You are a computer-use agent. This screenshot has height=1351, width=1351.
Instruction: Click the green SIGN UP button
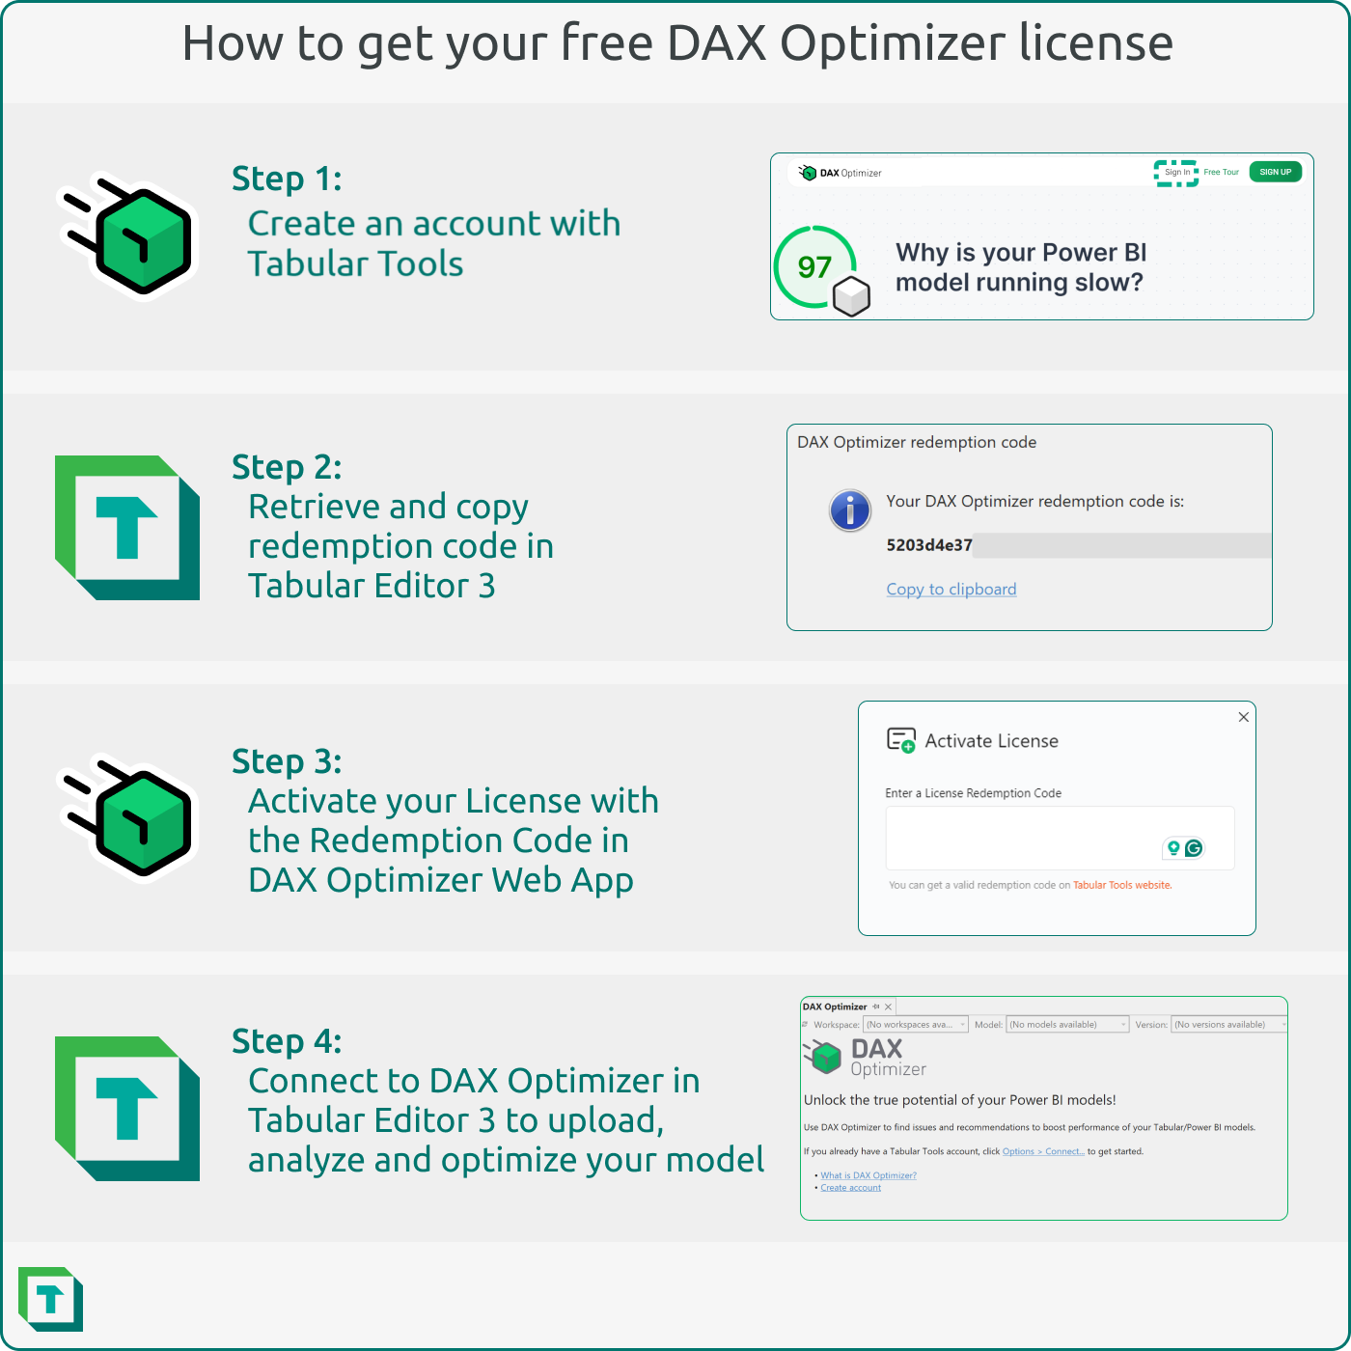(x=1275, y=172)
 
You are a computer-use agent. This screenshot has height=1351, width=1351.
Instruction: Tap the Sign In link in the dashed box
(x=1176, y=173)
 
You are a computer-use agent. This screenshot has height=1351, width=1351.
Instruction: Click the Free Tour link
(x=1221, y=173)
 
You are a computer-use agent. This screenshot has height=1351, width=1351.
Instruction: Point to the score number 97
(x=814, y=267)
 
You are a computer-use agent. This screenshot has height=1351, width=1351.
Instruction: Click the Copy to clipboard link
(x=951, y=590)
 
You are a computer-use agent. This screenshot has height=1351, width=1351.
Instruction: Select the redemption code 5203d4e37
(x=928, y=545)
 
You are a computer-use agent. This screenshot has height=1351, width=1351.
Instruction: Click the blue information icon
(x=849, y=510)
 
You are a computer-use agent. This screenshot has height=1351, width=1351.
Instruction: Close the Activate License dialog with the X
(x=1243, y=717)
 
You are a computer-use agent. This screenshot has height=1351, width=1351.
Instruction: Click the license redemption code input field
(x=1023, y=838)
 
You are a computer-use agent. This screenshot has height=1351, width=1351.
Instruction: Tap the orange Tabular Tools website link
(x=1121, y=885)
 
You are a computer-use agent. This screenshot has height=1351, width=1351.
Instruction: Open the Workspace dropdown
(x=915, y=1025)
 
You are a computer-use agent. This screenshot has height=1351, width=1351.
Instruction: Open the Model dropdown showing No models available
(x=1066, y=1025)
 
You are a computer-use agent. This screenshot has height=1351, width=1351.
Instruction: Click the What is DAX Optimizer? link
(x=868, y=1175)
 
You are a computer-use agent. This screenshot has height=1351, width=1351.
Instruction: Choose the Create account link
(x=850, y=1188)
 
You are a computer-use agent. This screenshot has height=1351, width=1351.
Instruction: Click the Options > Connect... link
(x=1042, y=1151)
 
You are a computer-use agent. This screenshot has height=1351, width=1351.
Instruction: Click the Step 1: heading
(x=287, y=179)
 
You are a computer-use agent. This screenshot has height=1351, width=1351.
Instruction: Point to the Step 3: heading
(x=287, y=762)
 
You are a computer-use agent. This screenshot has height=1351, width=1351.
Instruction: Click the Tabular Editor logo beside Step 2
(x=127, y=528)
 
